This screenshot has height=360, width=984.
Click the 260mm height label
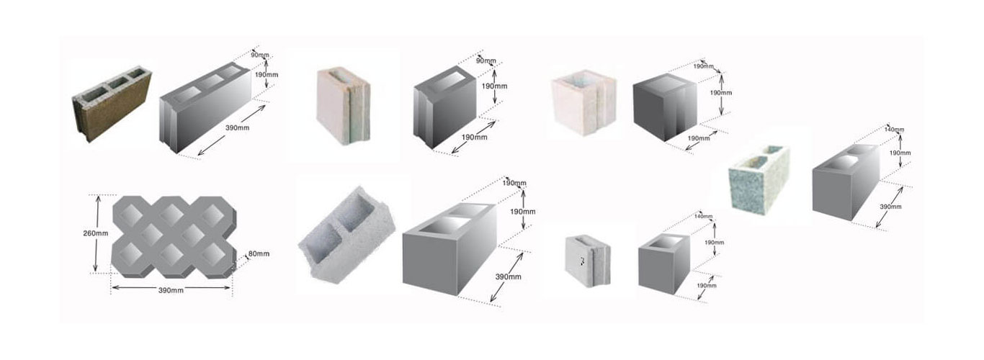pos(95,233)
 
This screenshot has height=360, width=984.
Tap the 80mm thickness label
pos(259,253)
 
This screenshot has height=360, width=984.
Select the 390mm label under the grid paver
pos(171,290)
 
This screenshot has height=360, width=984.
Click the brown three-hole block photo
pos(112,104)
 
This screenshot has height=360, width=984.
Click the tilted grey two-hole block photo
pos(346,235)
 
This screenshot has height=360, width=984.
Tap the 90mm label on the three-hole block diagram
pos(260,55)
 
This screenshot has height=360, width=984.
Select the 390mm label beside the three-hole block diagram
pos(237,127)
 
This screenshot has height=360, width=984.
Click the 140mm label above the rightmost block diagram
pos(895,130)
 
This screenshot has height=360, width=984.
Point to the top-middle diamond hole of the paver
pos(171,215)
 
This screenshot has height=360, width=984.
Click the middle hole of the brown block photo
pos(117,83)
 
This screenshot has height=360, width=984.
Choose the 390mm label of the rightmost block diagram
pos(890,207)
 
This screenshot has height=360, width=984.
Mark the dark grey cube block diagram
pos(665,107)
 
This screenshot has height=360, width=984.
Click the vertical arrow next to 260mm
pos(97,234)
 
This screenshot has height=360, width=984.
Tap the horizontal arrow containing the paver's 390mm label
pos(171,288)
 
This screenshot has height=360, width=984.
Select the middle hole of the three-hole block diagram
pos(213,81)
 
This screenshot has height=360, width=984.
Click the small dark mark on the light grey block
pos(583,261)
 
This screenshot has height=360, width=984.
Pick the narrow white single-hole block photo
pos(343,105)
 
